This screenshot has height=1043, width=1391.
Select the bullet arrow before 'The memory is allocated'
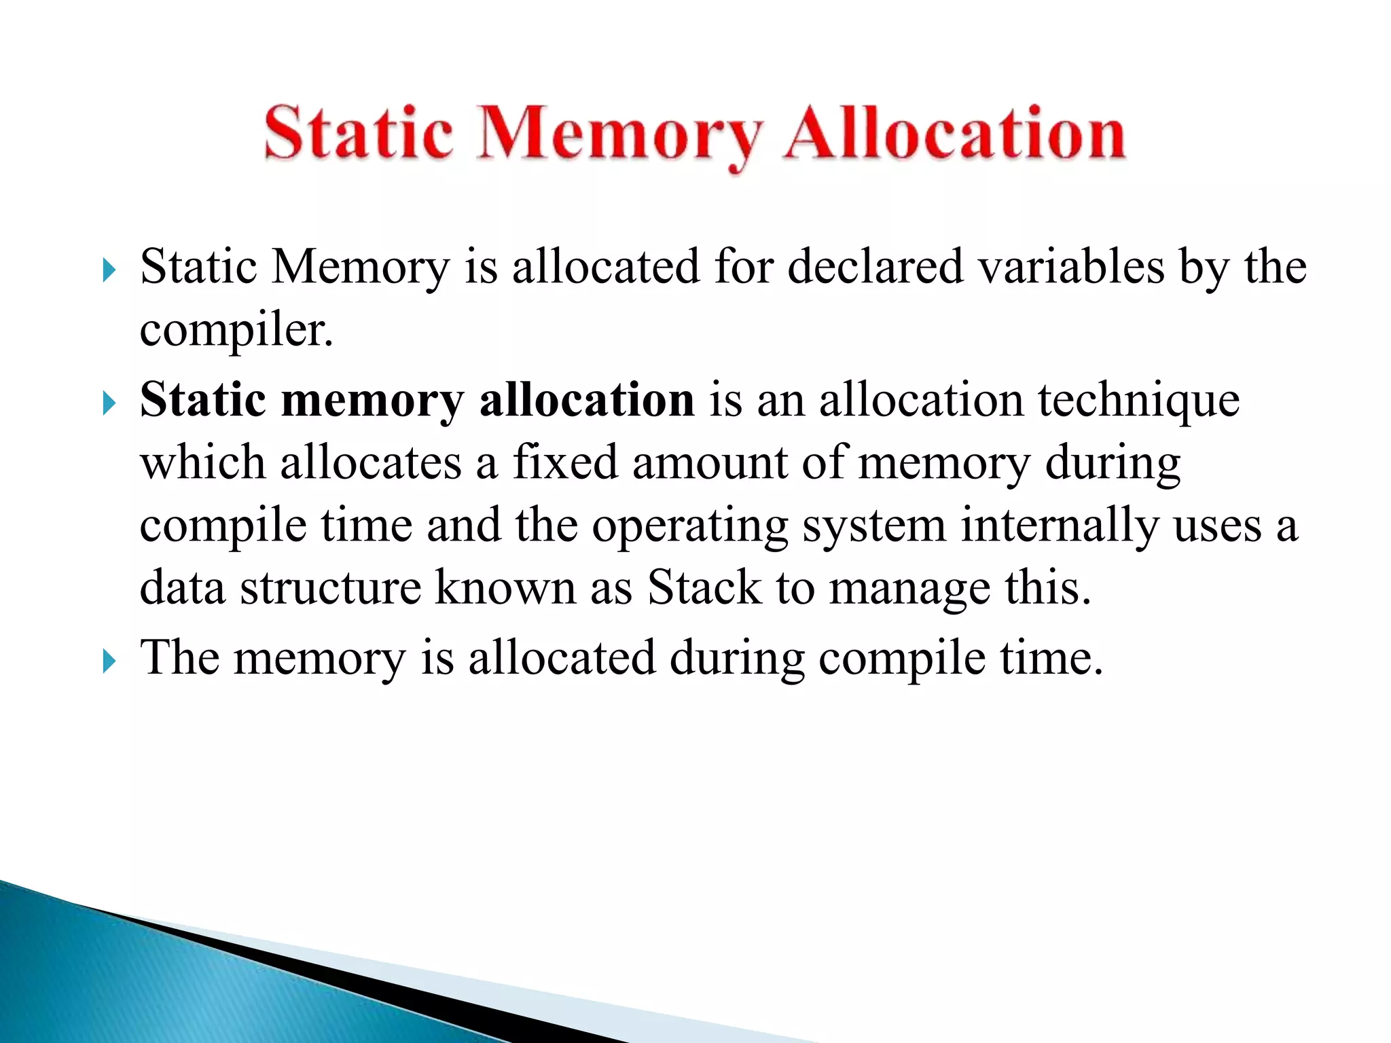tap(109, 661)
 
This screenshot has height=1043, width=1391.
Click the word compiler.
tap(236, 331)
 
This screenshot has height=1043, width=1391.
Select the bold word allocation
tap(586, 399)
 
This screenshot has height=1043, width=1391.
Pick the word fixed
tap(564, 462)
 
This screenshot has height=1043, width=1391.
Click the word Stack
tap(704, 587)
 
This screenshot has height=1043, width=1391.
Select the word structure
tap(331, 587)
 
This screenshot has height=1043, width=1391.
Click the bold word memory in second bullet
tap(372, 401)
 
